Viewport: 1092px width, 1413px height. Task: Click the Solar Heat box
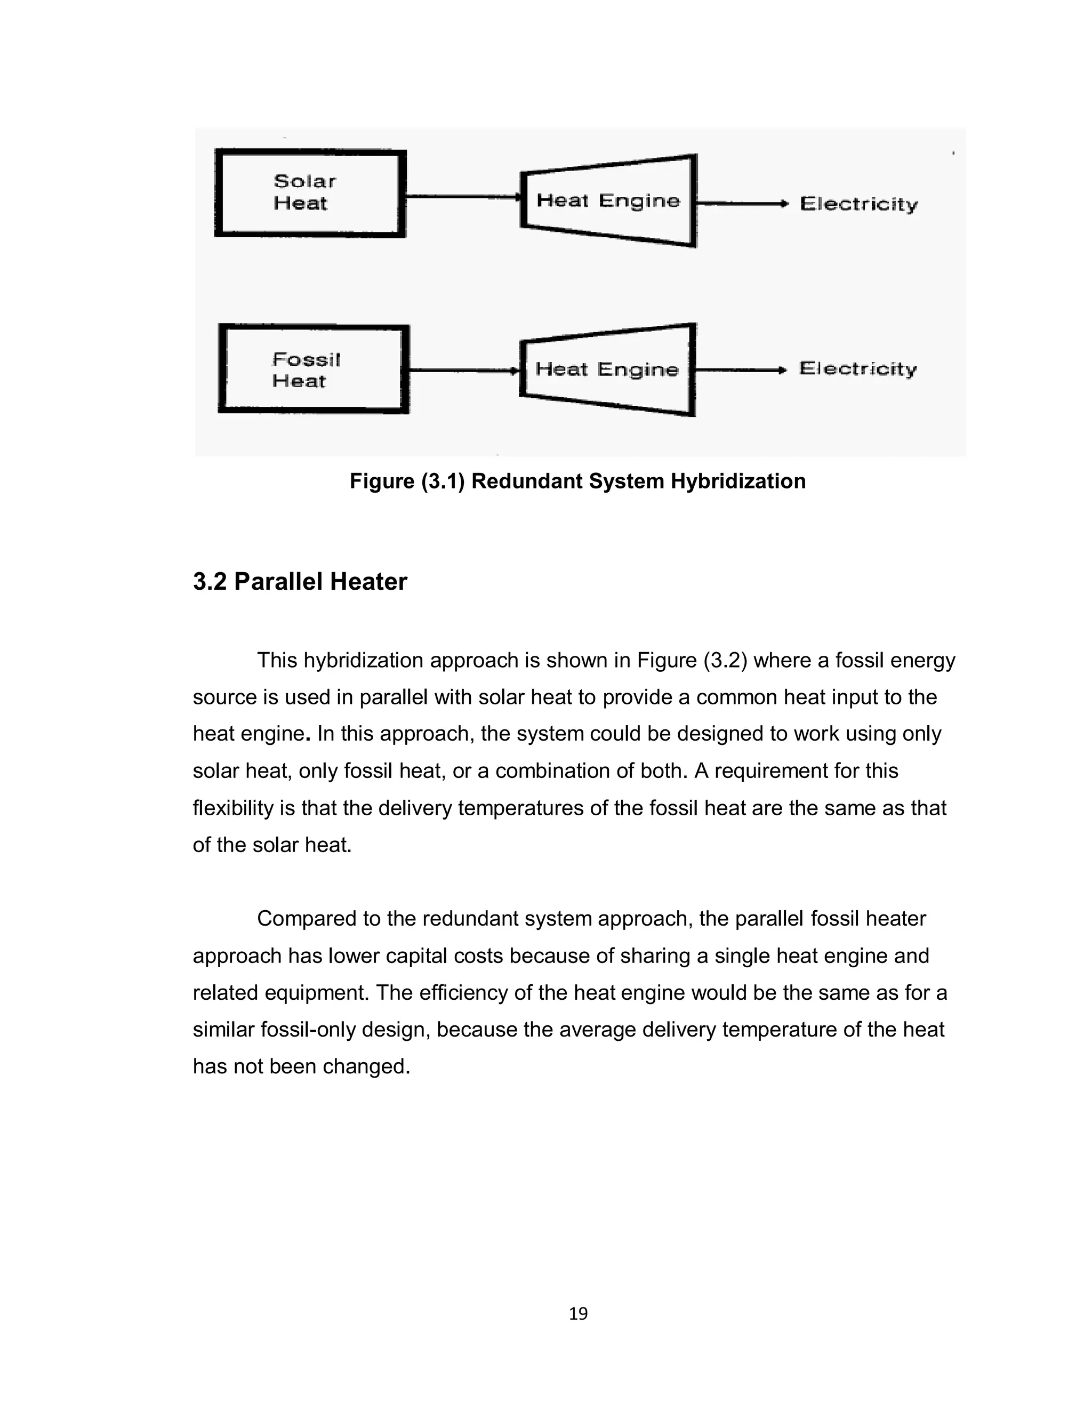[310, 193]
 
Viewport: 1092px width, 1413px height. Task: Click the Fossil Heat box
[314, 370]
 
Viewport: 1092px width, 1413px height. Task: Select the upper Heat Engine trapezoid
[608, 200]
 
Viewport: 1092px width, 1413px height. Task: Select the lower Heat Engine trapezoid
[607, 370]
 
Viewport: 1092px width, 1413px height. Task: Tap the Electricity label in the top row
[858, 204]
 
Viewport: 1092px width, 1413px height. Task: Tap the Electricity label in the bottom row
[857, 369]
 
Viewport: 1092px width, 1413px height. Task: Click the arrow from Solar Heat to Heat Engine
[462, 197]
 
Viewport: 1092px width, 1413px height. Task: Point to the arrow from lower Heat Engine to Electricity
[740, 370]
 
